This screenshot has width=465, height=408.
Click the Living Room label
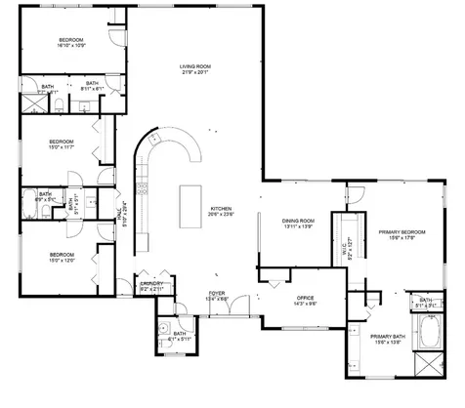tap(195, 68)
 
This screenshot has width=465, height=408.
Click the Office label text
tap(305, 299)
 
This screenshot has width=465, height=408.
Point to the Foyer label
tap(217, 293)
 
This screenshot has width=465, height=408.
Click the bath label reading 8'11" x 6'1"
tap(91, 87)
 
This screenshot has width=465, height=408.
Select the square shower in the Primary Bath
tap(427, 364)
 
